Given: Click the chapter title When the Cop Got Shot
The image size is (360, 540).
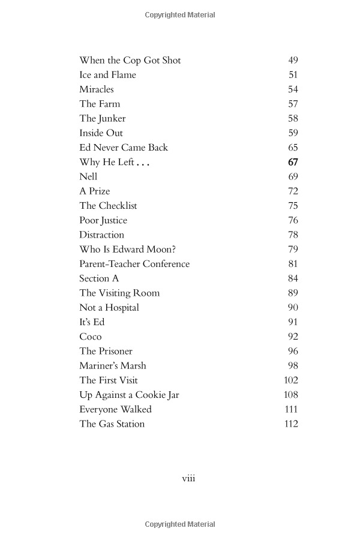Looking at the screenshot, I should point(130,61).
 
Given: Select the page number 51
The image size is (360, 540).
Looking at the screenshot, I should point(293,75).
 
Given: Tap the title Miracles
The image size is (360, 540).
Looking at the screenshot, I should point(96,89).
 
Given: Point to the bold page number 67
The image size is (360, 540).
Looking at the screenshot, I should point(293,162).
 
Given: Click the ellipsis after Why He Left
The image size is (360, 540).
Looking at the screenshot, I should point(142,163).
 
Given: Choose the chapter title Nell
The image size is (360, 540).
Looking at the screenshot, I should point(88,176).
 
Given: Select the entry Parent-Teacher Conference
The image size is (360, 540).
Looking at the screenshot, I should point(134,264).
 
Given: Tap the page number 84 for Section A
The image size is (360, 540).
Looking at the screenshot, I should point(293,278).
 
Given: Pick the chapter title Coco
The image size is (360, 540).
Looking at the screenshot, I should point(91,337).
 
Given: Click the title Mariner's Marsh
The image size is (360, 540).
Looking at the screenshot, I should point(113,365).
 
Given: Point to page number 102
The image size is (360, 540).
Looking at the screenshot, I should point(290,380).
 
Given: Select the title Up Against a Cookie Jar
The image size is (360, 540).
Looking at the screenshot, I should point(129,395).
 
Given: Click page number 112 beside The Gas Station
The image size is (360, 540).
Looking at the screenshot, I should point(290,424).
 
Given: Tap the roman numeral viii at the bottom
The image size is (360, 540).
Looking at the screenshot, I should point(188,478).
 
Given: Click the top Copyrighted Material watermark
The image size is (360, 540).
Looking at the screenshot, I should point(180,15).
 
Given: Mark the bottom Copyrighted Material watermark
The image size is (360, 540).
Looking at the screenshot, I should point(180,524).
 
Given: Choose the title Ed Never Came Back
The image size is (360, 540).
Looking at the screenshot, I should point(124,148).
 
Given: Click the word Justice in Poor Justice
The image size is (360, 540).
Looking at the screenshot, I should point(114,220).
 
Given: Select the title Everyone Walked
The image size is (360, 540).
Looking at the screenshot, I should point(115,409).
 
